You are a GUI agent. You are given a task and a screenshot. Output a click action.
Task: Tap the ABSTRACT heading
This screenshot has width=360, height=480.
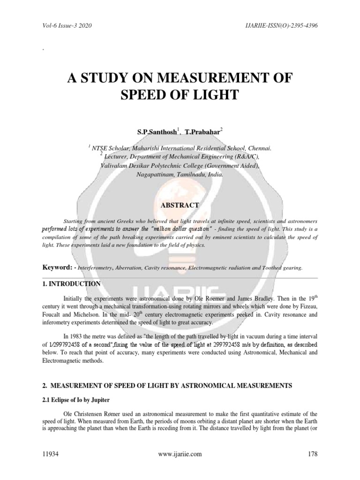coord(180,205)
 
